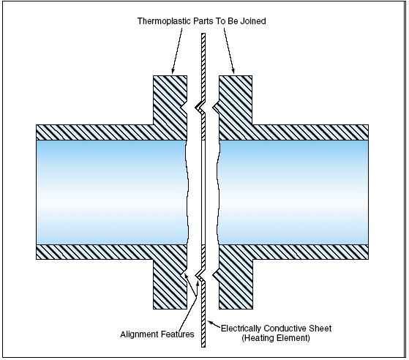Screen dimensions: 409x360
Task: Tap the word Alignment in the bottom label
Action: click(139, 334)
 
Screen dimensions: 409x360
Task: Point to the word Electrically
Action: click(241, 329)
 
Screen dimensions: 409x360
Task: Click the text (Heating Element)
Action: click(276, 338)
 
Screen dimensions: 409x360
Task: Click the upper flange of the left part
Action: click(170, 100)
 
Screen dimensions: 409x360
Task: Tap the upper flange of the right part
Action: click(236, 100)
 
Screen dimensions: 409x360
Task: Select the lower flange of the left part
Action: click(170, 284)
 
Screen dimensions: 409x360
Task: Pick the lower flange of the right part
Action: click(236, 284)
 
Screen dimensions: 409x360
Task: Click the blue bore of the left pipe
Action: click(112, 192)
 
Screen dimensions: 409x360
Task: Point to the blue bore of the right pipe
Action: click(293, 192)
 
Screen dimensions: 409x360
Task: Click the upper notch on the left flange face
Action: click(184, 107)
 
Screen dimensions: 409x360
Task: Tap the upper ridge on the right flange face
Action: click(216, 107)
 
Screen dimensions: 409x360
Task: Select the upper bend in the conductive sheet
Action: click(200, 108)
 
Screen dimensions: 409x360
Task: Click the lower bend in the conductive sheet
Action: click(200, 275)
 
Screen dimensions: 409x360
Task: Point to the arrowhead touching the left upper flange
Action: click(173, 71)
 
